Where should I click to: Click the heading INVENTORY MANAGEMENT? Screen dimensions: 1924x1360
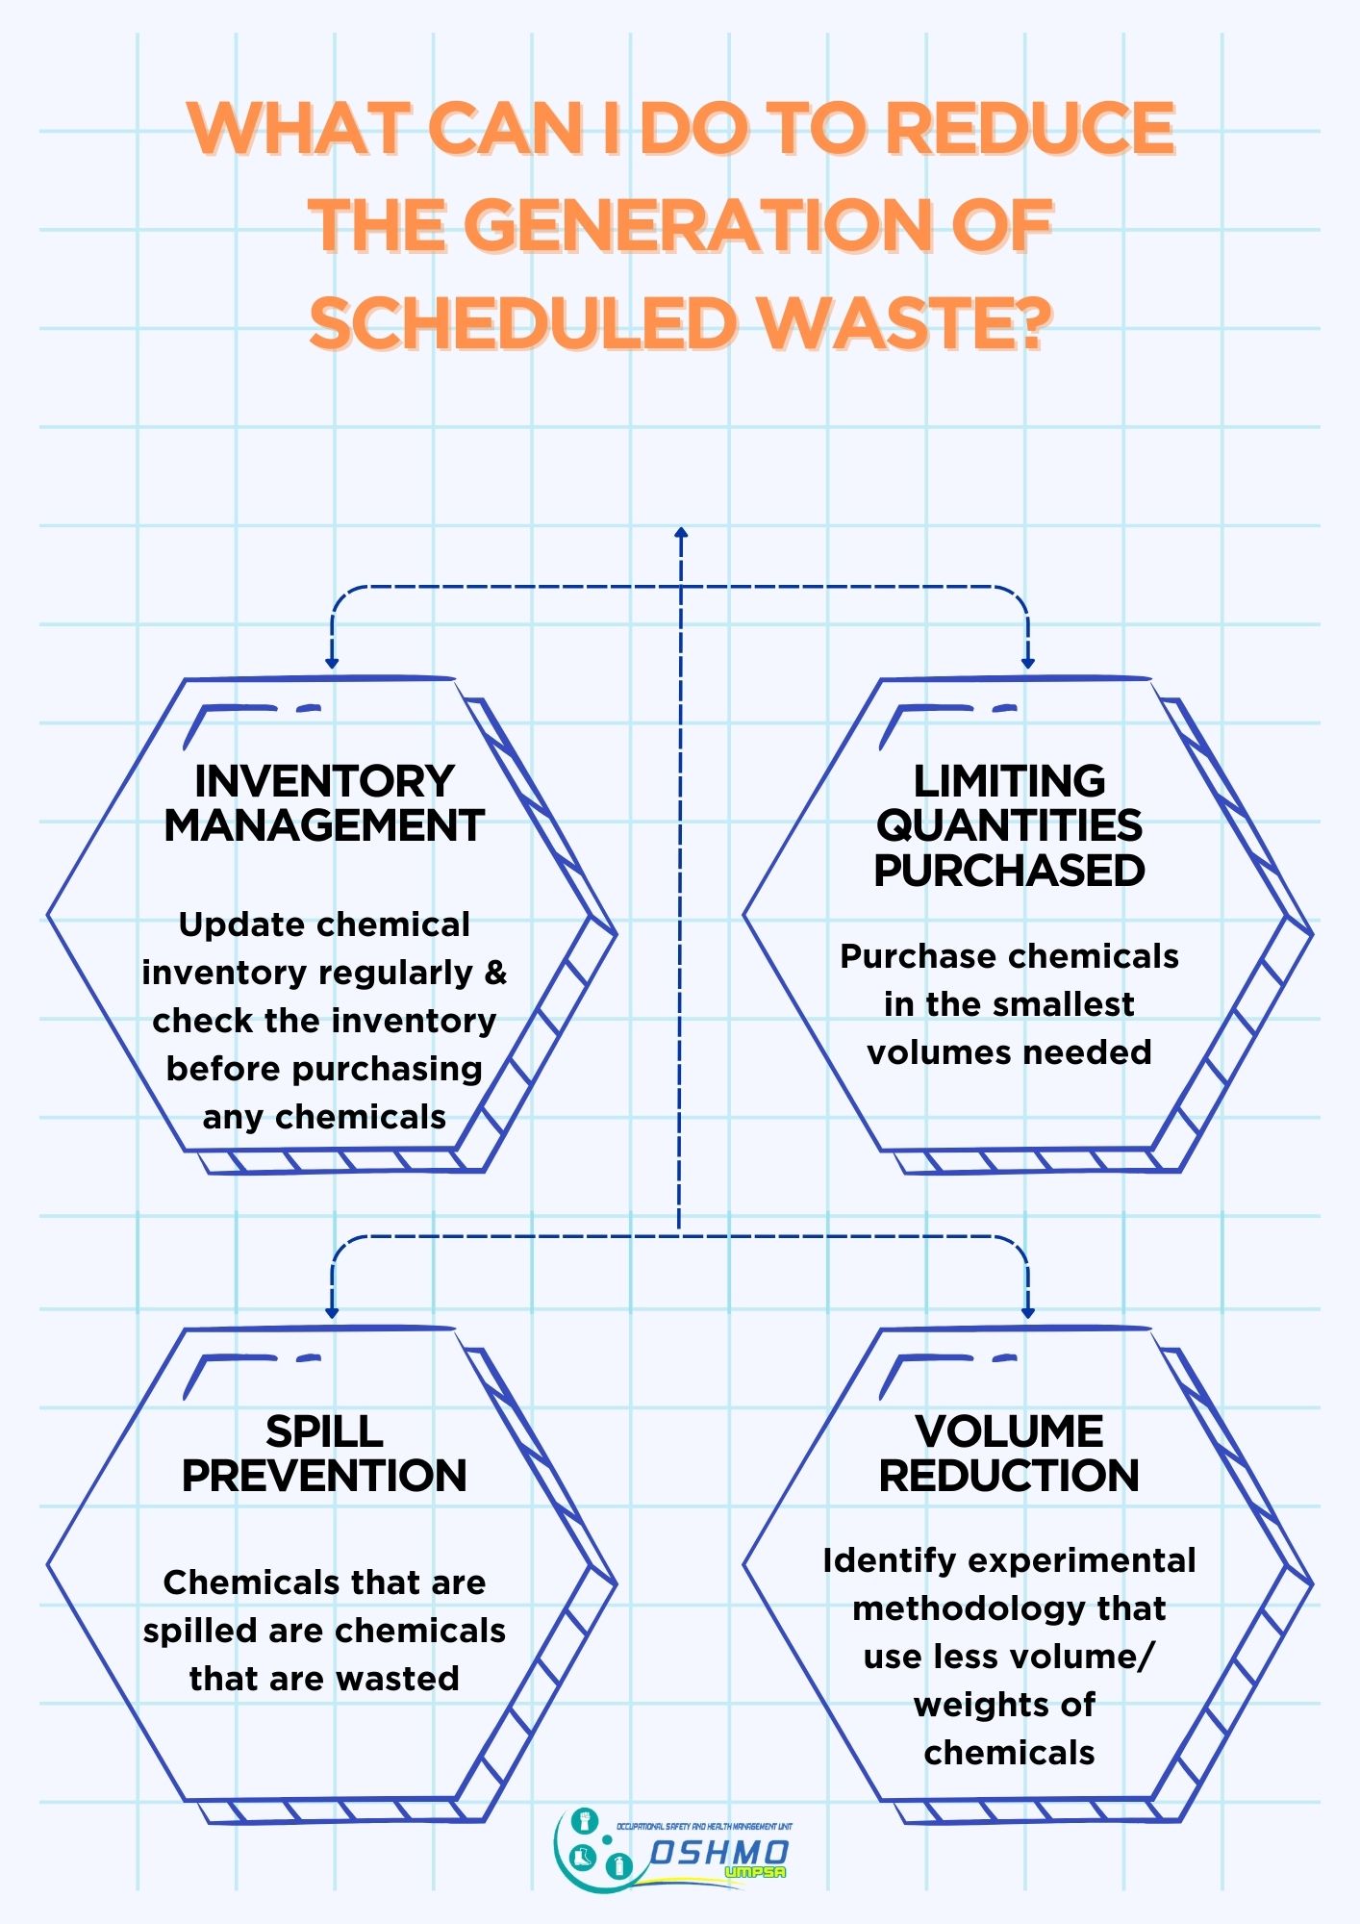pyautogui.click(x=324, y=803)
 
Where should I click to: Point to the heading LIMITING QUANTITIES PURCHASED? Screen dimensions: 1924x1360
pyautogui.click(x=1009, y=825)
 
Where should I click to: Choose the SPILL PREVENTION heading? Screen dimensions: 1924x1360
pyautogui.click(x=324, y=1454)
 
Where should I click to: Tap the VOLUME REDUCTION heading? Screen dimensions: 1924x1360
pyautogui.click(x=1009, y=1454)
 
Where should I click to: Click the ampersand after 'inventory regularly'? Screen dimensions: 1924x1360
pyautogui.click(x=495, y=973)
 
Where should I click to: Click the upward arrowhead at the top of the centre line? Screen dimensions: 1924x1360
pyautogui.click(x=681, y=532)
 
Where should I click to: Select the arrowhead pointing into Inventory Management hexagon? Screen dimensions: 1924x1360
pyautogui.click(x=332, y=663)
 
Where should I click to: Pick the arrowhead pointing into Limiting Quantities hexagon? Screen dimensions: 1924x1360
pyautogui.click(x=1028, y=663)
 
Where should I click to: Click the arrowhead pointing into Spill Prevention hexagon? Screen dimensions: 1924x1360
pyautogui.click(x=332, y=1312)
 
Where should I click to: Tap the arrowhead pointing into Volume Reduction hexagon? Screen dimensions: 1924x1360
pyautogui.click(x=1028, y=1312)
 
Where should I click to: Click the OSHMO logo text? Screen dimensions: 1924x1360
pyautogui.click(x=719, y=1852)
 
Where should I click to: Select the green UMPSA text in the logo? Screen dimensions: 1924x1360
pyautogui.click(x=755, y=1872)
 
